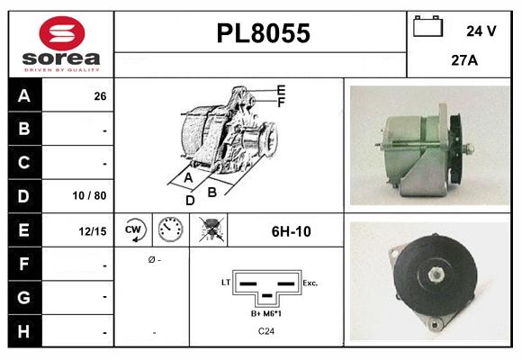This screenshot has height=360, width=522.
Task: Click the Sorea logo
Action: tap(61, 44)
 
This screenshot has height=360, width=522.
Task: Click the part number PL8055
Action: tap(264, 34)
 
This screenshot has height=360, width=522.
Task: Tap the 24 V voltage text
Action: tap(481, 31)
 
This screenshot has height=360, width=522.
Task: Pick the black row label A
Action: tap(24, 94)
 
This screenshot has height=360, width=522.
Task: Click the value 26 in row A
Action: tap(100, 95)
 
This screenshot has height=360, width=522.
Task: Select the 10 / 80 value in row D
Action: tap(94, 195)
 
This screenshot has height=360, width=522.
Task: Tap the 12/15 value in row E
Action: tap(93, 231)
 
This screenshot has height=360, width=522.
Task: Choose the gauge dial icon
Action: tap(169, 230)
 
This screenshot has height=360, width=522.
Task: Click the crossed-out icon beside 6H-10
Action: tap(211, 230)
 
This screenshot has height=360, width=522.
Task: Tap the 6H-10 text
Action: tap(291, 231)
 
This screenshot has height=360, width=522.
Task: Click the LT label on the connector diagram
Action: tap(226, 283)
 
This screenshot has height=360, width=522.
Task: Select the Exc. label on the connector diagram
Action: tap(310, 283)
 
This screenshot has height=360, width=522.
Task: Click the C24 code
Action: tap(265, 331)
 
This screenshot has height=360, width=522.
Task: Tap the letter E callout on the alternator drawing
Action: tap(281, 90)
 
